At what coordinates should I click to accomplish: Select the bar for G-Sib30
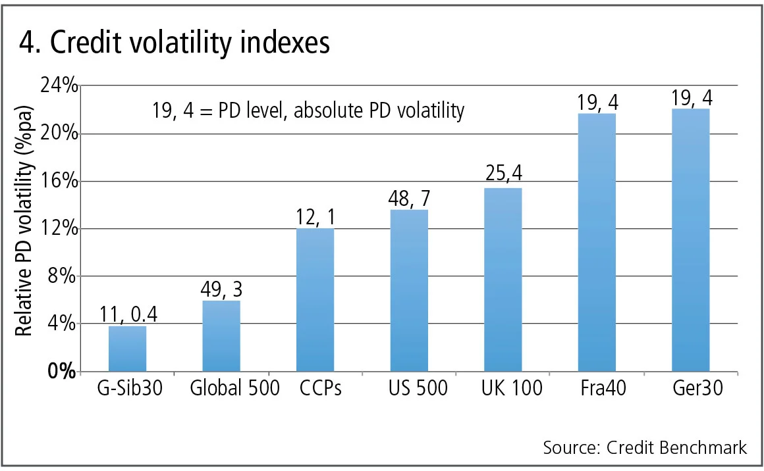127,349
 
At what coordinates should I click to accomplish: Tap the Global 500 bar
221,336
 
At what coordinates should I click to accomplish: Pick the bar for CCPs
315,300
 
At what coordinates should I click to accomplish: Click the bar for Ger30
691,240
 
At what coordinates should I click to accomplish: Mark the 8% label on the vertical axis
64,276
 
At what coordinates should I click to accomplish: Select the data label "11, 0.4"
127,315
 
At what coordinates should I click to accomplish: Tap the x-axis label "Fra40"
597,389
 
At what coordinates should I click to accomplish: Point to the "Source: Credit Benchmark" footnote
645,448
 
